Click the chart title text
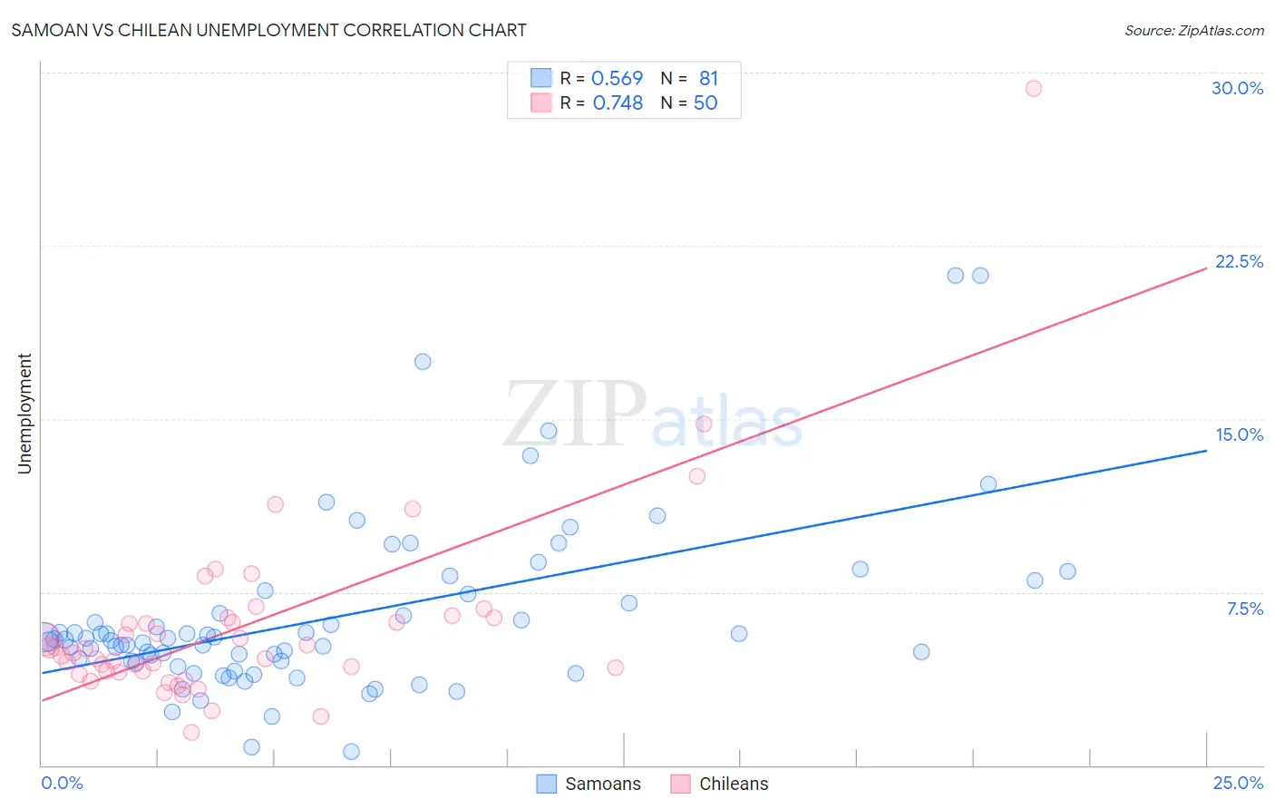pos(268,30)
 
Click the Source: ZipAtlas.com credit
pos(1193,31)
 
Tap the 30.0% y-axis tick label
pos(1237,88)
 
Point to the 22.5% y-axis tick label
pos(1239,261)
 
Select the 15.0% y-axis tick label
pos(1239,434)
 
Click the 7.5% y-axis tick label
pos(1244,609)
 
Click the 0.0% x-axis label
pos(62,783)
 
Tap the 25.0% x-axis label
pos(1238,783)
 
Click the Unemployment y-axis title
pos(24,414)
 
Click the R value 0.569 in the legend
pos(617,79)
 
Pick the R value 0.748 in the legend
pos(618,103)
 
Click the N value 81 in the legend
pos(708,79)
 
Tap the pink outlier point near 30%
pos(1033,88)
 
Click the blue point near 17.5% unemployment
pos(423,362)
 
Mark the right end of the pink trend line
pos(1206,268)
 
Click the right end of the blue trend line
pos(1206,450)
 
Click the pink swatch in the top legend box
pos(540,102)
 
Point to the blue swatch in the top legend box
pos(540,78)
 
